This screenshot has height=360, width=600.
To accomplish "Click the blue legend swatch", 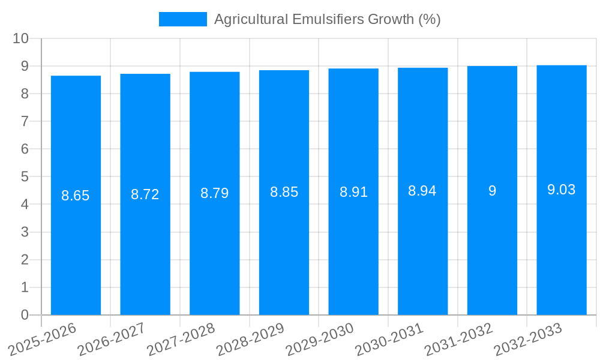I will pos(182,19).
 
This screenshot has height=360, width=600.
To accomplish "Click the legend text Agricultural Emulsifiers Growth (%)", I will pos(327,19).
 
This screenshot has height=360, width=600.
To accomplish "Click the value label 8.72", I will pos(145,194).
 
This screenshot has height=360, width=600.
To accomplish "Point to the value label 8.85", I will pos(284,192).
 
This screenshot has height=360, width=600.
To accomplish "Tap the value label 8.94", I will pos(422,191).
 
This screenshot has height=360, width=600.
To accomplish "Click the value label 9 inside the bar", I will pos(492,191).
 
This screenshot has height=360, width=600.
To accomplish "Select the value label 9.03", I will pos(562,190).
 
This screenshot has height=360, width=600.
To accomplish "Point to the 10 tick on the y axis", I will pos(21,38).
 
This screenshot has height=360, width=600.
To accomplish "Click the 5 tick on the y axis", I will pos(25,177).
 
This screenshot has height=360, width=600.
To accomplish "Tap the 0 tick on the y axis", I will pos(25,315).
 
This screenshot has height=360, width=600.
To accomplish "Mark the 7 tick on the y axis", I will pos(25,121).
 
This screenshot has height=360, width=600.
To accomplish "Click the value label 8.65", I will pos(76,196).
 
